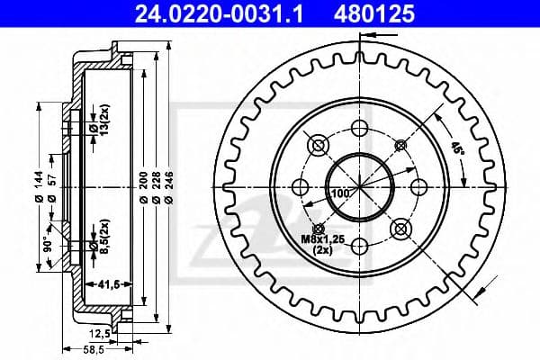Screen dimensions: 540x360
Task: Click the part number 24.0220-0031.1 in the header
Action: (219, 14)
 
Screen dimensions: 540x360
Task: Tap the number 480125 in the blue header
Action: (374, 14)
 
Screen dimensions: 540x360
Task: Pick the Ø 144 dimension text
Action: (39, 186)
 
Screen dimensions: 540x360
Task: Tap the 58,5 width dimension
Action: (94, 350)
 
